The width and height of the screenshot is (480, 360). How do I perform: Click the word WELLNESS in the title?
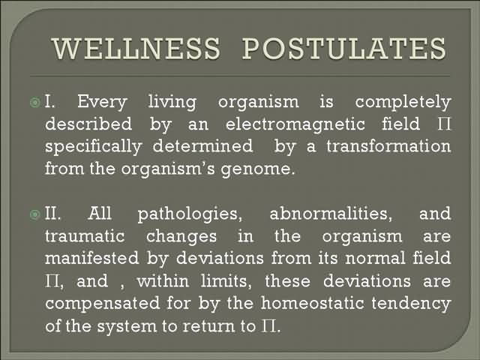pyautogui.click(x=136, y=48)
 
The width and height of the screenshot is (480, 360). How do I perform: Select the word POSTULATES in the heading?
pyautogui.click(x=344, y=48)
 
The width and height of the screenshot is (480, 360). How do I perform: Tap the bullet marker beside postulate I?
pyautogui.click(x=35, y=102)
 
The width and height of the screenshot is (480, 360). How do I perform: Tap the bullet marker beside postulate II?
pyautogui.click(x=35, y=214)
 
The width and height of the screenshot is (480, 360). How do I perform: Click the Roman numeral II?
pyautogui.click(x=52, y=213)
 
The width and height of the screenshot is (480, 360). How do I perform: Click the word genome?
pyautogui.click(x=257, y=169)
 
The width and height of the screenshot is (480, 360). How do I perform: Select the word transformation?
pyautogui.click(x=388, y=146)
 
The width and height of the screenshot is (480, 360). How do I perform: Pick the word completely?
pyautogui.click(x=403, y=103)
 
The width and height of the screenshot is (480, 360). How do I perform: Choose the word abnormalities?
pyautogui.click(x=331, y=213)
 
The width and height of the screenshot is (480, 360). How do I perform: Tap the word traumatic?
pyautogui.click(x=85, y=236)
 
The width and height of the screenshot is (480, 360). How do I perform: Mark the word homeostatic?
pyautogui.click(x=313, y=303)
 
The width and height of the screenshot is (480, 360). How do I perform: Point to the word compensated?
pyautogui.click(x=103, y=304)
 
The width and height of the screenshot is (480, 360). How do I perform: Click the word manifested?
pyautogui.click(x=91, y=258)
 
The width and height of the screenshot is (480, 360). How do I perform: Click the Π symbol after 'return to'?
pyautogui.click(x=268, y=326)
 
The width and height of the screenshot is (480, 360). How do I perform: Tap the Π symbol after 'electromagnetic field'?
pyautogui.click(x=444, y=124)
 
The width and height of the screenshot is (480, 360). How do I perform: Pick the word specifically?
pyautogui.click(x=93, y=147)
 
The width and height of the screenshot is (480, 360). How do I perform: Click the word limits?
pyautogui.click(x=226, y=281)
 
